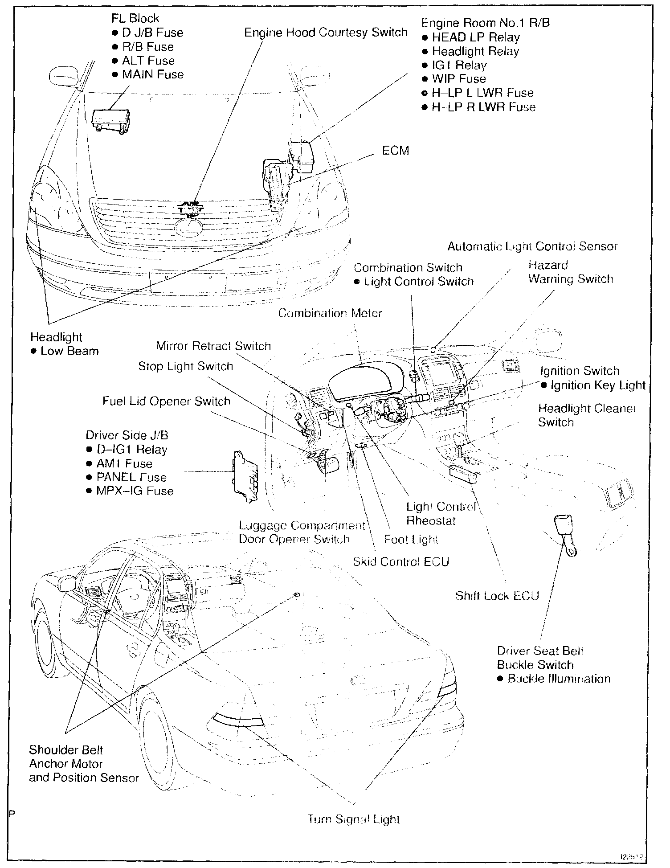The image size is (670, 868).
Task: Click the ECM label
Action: click(x=395, y=151)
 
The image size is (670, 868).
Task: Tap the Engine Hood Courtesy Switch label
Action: click(x=326, y=33)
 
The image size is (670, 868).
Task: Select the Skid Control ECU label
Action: click(x=401, y=561)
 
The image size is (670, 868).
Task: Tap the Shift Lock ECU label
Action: click(x=497, y=596)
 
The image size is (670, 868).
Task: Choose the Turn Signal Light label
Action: click(x=354, y=819)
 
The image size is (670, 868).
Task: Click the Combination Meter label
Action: click(x=330, y=313)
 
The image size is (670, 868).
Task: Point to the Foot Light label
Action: click(x=411, y=540)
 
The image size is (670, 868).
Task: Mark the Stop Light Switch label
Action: click(x=185, y=366)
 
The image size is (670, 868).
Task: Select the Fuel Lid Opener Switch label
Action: click(x=166, y=401)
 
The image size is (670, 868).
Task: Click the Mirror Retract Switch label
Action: click(x=213, y=346)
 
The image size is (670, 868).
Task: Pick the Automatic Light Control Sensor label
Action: click(x=532, y=246)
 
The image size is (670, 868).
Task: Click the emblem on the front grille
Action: click(x=189, y=227)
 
